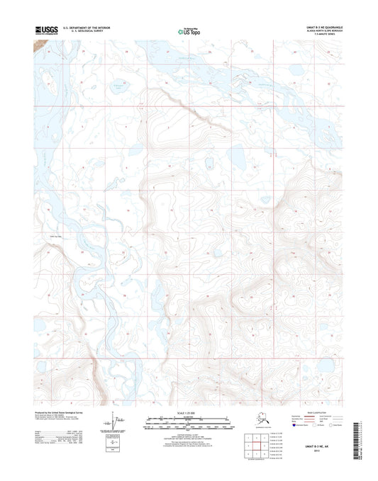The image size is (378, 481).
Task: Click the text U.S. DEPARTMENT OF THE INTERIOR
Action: (86, 28)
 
